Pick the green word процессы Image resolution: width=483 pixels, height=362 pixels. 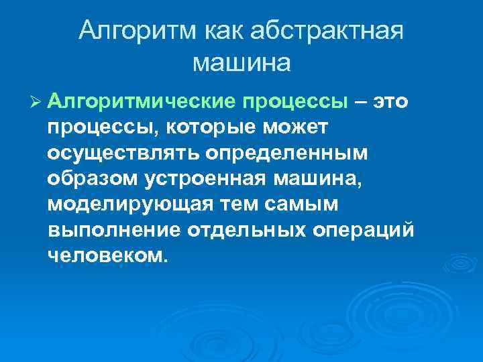[x=295, y=101]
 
